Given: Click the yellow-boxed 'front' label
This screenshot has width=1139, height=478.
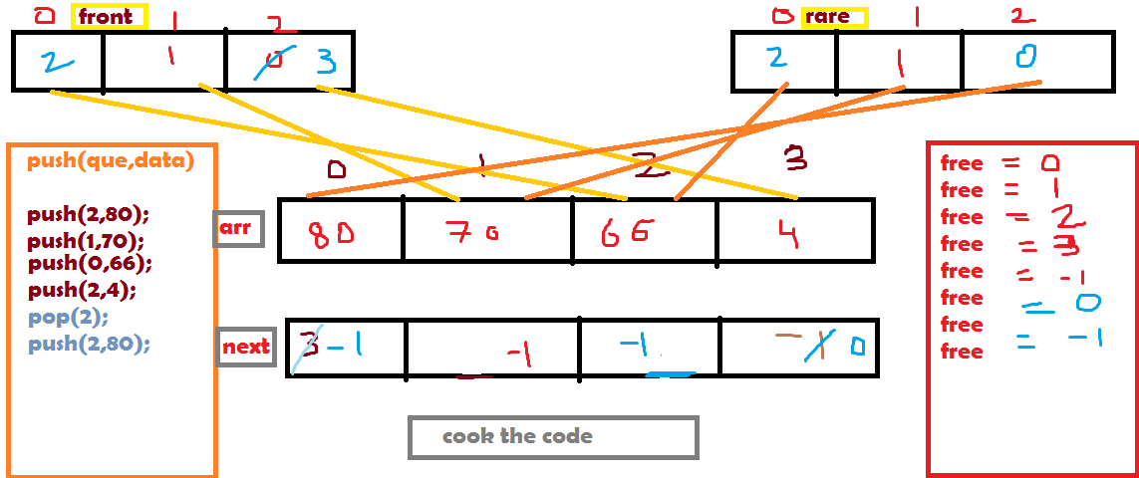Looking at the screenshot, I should pyautogui.click(x=109, y=17).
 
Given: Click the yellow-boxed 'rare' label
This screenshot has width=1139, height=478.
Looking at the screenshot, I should pyautogui.click(x=834, y=18).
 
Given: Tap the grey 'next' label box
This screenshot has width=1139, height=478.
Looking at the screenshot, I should pyautogui.click(x=245, y=347).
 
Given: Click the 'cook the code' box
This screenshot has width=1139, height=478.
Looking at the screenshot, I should pyautogui.click(x=552, y=437).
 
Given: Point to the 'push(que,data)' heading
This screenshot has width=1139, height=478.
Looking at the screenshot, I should pyautogui.click(x=111, y=160).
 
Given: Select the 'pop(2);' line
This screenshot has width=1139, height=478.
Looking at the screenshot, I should pyautogui.click(x=69, y=316).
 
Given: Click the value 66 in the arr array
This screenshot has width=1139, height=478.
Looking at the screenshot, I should pyautogui.click(x=626, y=233).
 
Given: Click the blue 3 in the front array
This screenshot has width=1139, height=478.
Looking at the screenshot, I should pyautogui.click(x=327, y=63).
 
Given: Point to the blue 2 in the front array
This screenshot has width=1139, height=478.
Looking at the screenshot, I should pyautogui.click(x=57, y=63).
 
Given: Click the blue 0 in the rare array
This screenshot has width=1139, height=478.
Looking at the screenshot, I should pyautogui.click(x=1024, y=56).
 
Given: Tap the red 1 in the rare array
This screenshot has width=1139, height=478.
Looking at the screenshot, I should pyautogui.click(x=899, y=64).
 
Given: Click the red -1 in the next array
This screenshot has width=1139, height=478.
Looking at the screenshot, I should pyautogui.click(x=517, y=353).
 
